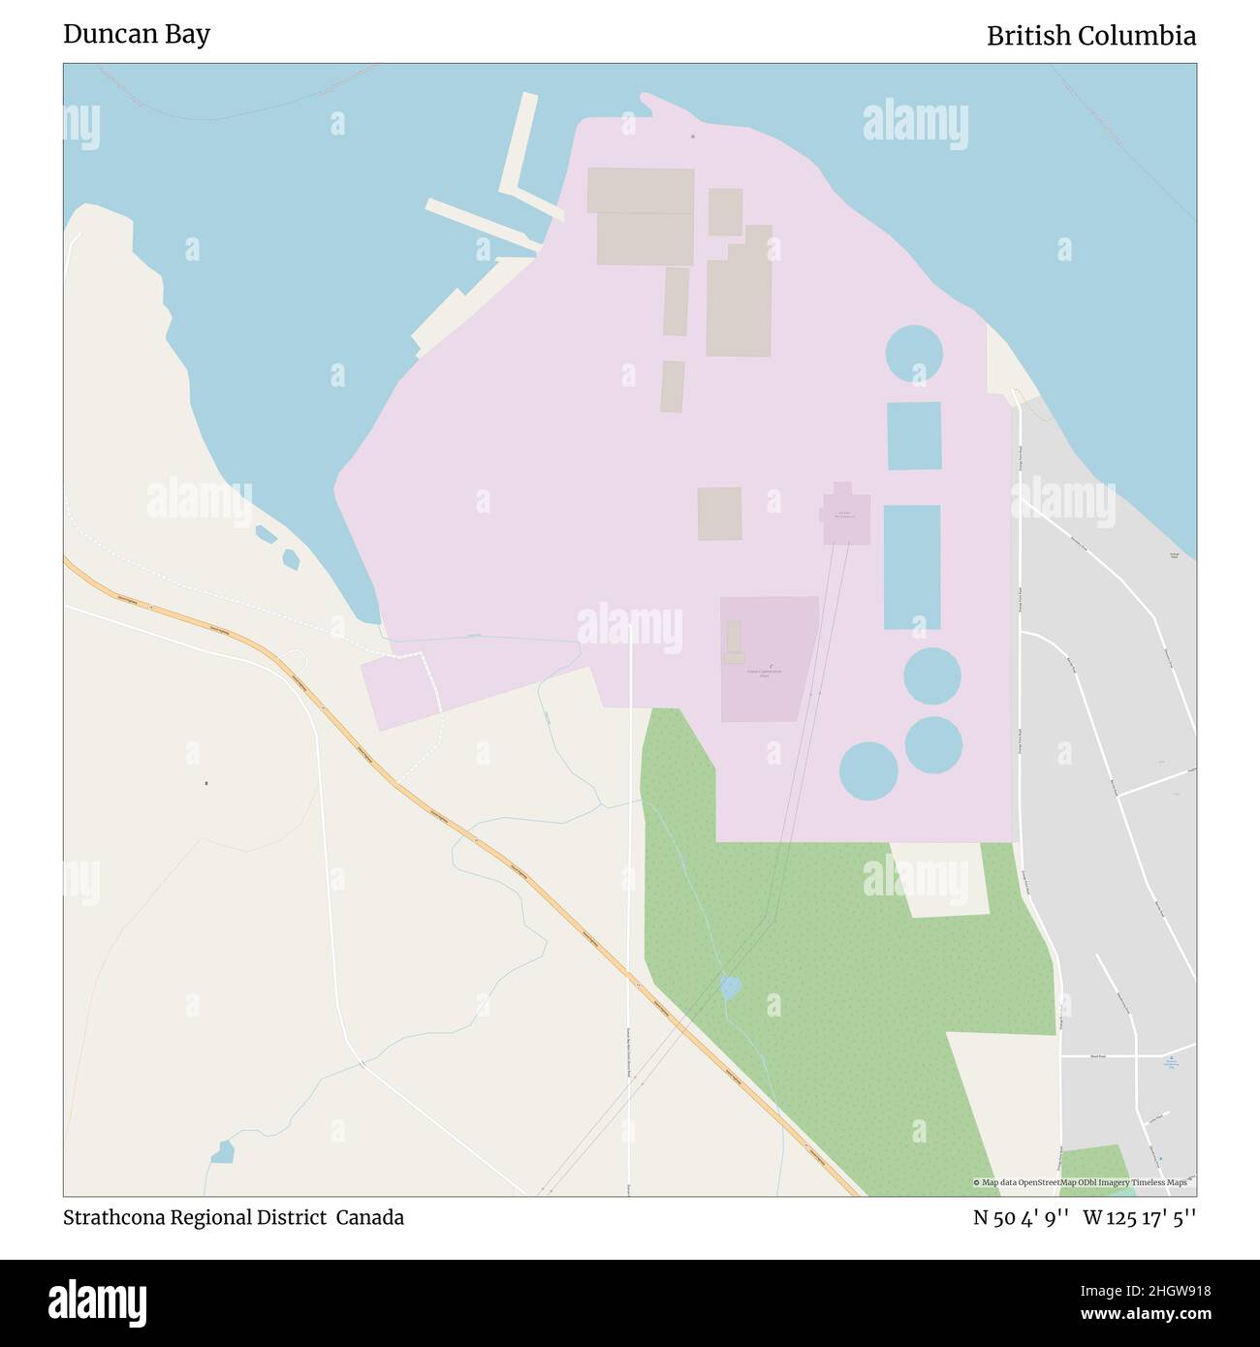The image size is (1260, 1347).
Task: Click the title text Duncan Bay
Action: point(137,35)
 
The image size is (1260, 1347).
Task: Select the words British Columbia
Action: point(1090,36)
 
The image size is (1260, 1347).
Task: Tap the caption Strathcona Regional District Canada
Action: point(234,1217)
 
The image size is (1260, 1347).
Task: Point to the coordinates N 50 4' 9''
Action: point(1021,1218)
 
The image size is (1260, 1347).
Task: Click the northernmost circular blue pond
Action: point(913,354)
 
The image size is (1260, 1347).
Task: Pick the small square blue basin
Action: point(913,435)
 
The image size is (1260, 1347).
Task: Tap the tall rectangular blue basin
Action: point(911,567)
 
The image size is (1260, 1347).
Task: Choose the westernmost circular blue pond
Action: point(868,770)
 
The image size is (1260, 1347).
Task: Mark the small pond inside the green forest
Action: point(730,987)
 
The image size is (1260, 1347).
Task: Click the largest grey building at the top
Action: point(641,215)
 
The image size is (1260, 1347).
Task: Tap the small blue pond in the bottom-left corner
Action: point(222,1152)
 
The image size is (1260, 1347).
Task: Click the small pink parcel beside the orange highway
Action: point(399,692)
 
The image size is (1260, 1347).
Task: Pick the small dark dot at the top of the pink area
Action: point(692,137)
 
